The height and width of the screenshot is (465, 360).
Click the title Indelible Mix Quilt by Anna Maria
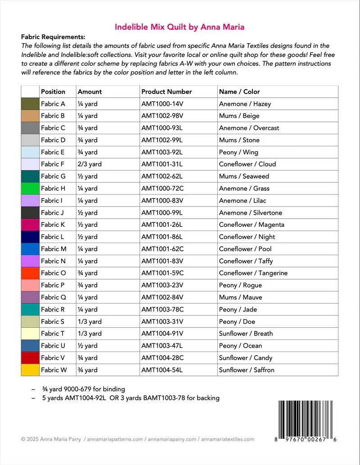click(x=180, y=27)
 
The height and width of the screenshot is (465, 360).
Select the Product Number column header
click(x=166, y=92)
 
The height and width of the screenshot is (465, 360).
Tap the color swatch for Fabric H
click(x=30, y=189)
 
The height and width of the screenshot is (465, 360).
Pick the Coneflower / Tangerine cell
click(x=253, y=273)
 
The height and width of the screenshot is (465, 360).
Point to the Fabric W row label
click(x=53, y=370)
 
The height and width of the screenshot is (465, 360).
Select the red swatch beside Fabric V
click(x=30, y=358)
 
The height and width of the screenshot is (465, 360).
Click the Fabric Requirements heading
click(x=53, y=37)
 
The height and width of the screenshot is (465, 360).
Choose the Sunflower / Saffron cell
click(x=246, y=370)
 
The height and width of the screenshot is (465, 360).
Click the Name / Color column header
click(x=239, y=92)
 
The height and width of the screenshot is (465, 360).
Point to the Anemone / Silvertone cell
click(x=250, y=213)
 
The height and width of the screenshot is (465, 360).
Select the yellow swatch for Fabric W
click(x=30, y=370)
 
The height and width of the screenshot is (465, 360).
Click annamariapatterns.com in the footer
click(x=115, y=439)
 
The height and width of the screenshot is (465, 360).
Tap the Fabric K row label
click(x=53, y=225)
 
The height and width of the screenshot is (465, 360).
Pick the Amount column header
click(x=90, y=92)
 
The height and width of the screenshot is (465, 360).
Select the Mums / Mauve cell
click(x=240, y=298)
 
